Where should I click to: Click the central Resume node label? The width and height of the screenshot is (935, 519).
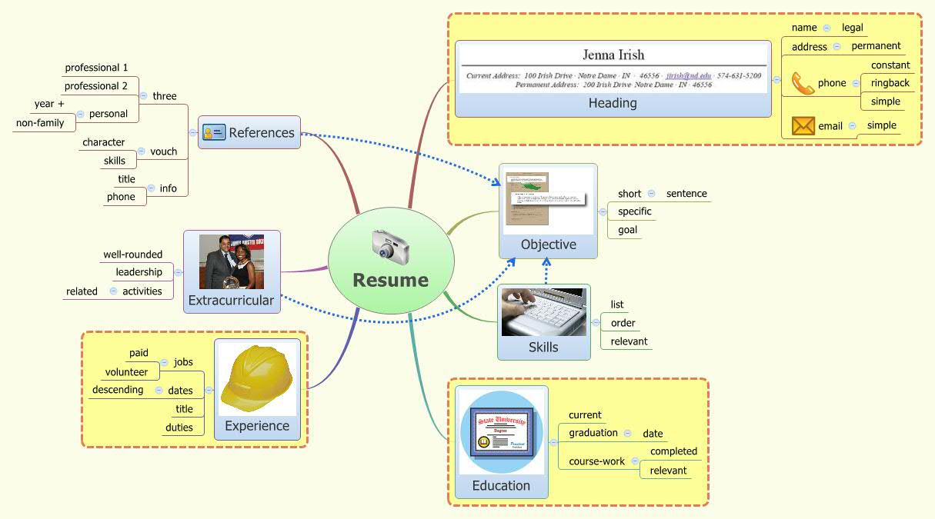390,280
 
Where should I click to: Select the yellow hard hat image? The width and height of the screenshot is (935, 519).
256,379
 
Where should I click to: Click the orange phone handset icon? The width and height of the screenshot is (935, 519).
803,83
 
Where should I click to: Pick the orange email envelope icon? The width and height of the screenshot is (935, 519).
803,126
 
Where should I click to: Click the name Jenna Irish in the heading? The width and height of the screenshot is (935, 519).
613,55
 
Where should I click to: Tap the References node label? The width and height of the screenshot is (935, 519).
262,132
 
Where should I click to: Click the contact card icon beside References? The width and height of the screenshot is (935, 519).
213,132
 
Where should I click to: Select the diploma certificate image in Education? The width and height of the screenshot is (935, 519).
502,431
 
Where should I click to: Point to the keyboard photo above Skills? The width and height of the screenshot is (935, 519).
543,312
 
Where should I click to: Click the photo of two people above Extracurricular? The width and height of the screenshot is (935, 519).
232,261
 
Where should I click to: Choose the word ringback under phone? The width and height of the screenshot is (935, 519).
890,83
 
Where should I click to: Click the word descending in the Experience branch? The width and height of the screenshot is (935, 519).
118,390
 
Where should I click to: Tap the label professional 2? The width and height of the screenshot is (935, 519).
96,86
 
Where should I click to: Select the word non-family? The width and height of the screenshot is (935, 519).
40,122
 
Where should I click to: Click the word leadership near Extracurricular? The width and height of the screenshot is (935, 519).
139,272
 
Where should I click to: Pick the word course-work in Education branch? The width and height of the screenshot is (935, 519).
596,461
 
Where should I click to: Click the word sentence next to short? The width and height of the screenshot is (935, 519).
686,194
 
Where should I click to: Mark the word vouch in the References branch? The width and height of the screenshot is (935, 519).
164,151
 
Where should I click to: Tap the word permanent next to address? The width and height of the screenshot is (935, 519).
876,46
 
